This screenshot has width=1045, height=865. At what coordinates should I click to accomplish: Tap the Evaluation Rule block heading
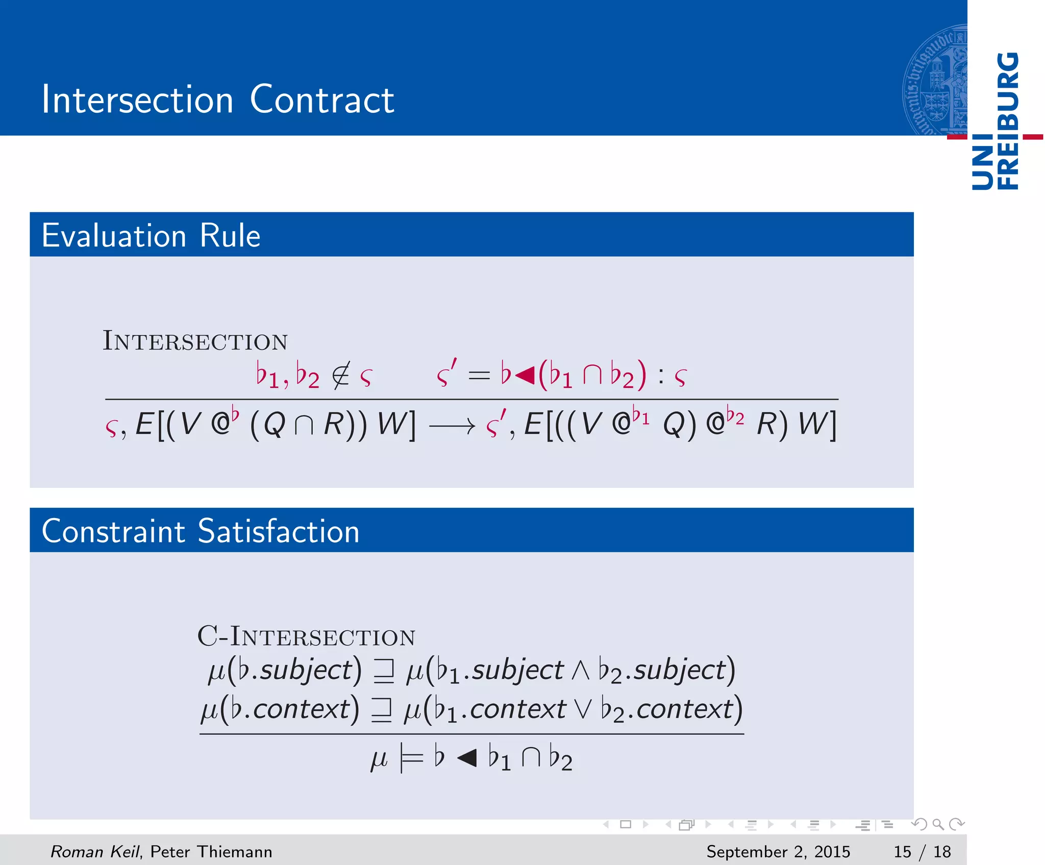tap(151, 235)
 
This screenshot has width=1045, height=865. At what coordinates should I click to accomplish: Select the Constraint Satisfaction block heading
tap(201, 531)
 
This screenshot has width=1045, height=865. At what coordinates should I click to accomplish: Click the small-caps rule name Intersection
tap(195, 341)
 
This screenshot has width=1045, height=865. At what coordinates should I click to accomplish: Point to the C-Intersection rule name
tap(306, 636)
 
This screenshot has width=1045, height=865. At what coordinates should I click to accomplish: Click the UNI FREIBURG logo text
tap(996, 121)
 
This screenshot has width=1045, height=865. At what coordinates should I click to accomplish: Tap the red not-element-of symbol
tap(340, 376)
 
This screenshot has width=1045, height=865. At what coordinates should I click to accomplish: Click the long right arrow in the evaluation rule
tap(452, 426)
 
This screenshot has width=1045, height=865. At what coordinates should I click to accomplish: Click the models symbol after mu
tap(412, 759)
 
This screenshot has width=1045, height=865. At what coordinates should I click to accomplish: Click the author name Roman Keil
tap(94, 851)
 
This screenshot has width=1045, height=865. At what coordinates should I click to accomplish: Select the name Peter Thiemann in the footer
tap(211, 851)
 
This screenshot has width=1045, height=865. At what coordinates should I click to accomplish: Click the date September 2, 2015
tap(778, 851)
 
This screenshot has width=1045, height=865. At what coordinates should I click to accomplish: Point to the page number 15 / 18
tap(922, 851)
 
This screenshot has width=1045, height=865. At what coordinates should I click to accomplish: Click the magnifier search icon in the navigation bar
tap(938, 824)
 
